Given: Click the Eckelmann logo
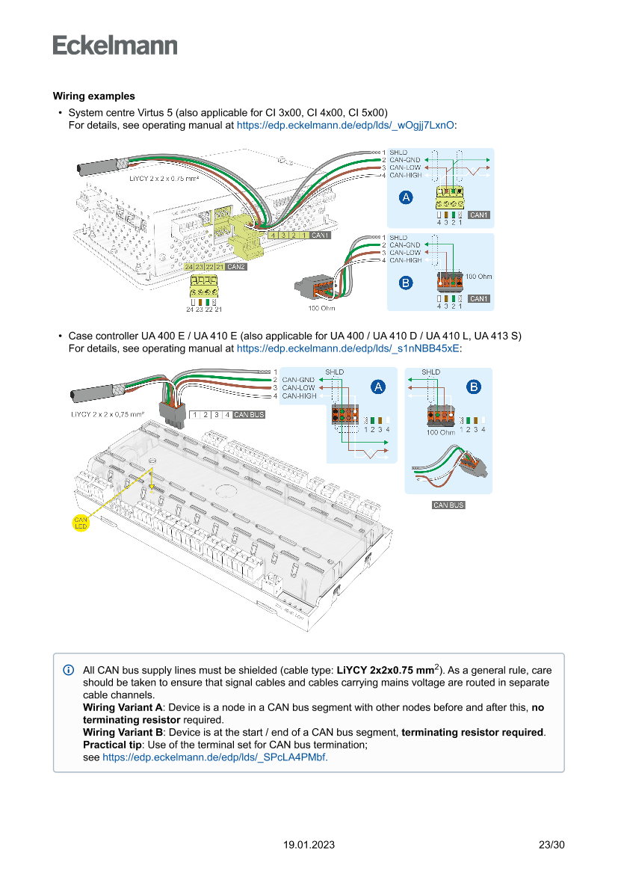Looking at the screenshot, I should pyautogui.click(x=115, y=45).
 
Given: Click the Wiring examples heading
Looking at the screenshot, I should pyautogui.click(x=93, y=96).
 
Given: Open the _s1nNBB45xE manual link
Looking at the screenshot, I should pyautogui.click(x=347, y=348).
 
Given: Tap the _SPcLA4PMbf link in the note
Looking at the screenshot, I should pyautogui.click(x=214, y=757).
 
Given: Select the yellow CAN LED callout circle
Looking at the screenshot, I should pyautogui.click(x=81, y=523).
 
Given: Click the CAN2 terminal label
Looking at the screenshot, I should pyautogui.click(x=236, y=267).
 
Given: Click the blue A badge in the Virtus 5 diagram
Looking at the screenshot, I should pyautogui.click(x=406, y=198).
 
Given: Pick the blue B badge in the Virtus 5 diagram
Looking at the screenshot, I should pyautogui.click(x=406, y=283).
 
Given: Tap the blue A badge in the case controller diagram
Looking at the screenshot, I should pyautogui.click(x=378, y=387).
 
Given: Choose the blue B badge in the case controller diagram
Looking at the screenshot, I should pyautogui.click(x=474, y=387).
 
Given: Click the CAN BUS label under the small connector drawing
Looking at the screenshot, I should pyautogui.click(x=448, y=505).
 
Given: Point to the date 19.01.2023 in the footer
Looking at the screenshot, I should pyautogui.click(x=309, y=845).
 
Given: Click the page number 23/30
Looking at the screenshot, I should pyautogui.click(x=551, y=845).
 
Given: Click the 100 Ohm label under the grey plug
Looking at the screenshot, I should pyautogui.click(x=321, y=308).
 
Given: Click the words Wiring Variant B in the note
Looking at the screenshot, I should pyautogui.click(x=123, y=732).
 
